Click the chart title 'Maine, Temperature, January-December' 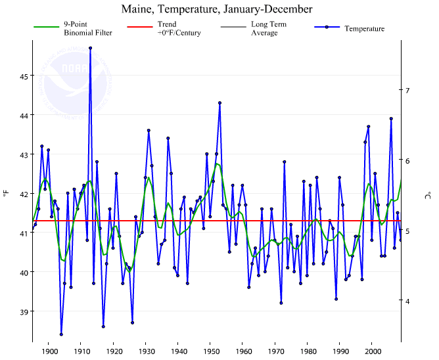pos(217,9)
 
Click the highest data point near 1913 pos(90,48)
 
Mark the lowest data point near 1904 pos(61,334)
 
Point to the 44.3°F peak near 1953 pos(219,102)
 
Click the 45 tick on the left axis pos(23,76)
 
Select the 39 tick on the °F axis pos(23,312)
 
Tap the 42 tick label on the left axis pos(23,194)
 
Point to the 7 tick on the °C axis pos(407,90)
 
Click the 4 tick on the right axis pos(407,302)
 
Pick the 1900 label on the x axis pos(49,351)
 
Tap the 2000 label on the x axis pos(372,351)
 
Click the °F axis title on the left pos(7,194)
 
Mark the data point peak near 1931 pos(149,130)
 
